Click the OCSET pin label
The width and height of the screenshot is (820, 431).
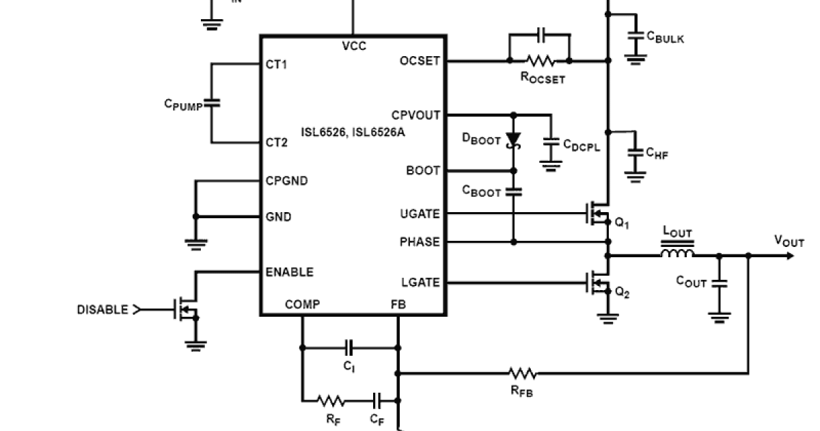[420, 61]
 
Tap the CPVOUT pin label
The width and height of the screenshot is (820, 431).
[415, 115]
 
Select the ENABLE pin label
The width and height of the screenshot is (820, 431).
[289, 272]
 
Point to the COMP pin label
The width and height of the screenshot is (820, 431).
[302, 304]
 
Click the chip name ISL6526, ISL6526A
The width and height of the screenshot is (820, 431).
[353, 131]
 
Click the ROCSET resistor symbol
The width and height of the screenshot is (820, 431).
[540, 61]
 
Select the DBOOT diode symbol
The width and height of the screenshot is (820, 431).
[513, 140]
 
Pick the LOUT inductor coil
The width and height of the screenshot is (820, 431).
[677, 254]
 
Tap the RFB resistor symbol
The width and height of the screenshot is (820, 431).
[522, 374]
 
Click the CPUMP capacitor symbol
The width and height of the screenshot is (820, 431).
[212, 103]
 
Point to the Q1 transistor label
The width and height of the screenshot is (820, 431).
[622, 224]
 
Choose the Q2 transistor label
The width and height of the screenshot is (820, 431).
[622, 292]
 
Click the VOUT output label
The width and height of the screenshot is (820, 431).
[789, 241]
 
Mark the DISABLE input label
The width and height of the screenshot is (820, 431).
[102, 310]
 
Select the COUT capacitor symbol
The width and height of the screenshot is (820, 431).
[719, 283]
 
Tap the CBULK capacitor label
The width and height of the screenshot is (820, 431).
[664, 38]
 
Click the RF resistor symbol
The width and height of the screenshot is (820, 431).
[331, 400]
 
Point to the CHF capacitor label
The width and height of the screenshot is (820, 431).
[657, 155]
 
